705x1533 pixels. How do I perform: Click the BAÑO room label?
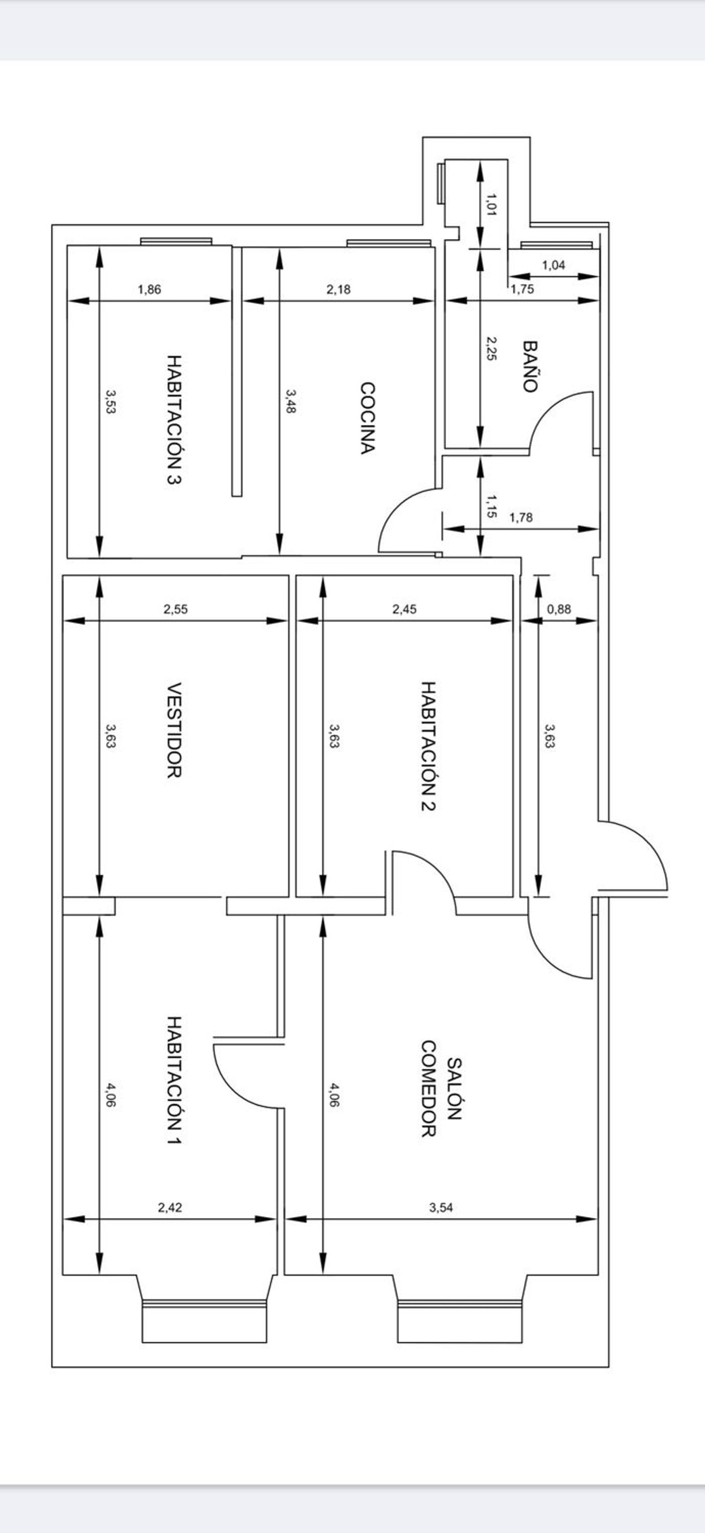pos(530,366)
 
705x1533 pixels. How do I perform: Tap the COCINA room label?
pos(368,418)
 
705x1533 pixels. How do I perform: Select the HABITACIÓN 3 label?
pos(174,420)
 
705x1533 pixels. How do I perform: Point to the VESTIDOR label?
pos(174,730)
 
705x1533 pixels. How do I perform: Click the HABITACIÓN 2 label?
pos(428,746)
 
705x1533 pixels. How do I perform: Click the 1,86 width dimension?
pos(149,290)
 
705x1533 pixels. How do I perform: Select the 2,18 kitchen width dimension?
pos(338,290)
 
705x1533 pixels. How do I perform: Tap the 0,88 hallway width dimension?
pos(559,609)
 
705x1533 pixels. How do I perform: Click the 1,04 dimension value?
pos(553,266)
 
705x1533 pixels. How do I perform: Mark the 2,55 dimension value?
pos(175,609)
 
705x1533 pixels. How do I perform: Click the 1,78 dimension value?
pos(521,518)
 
